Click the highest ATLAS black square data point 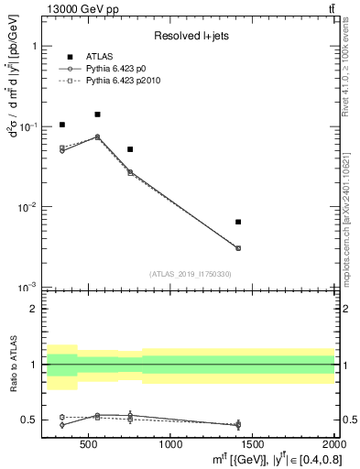pyautogui.click(x=97, y=115)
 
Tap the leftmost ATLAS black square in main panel pyautogui.click(x=61, y=125)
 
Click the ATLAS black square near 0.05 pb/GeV pyautogui.click(x=130, y=149)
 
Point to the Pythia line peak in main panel pyautogui.click(x=97, y=136)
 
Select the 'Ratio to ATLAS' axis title pyautogui.click(x=13, y=365)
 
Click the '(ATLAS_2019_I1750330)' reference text pyautogui.click(x=190, y=274)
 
